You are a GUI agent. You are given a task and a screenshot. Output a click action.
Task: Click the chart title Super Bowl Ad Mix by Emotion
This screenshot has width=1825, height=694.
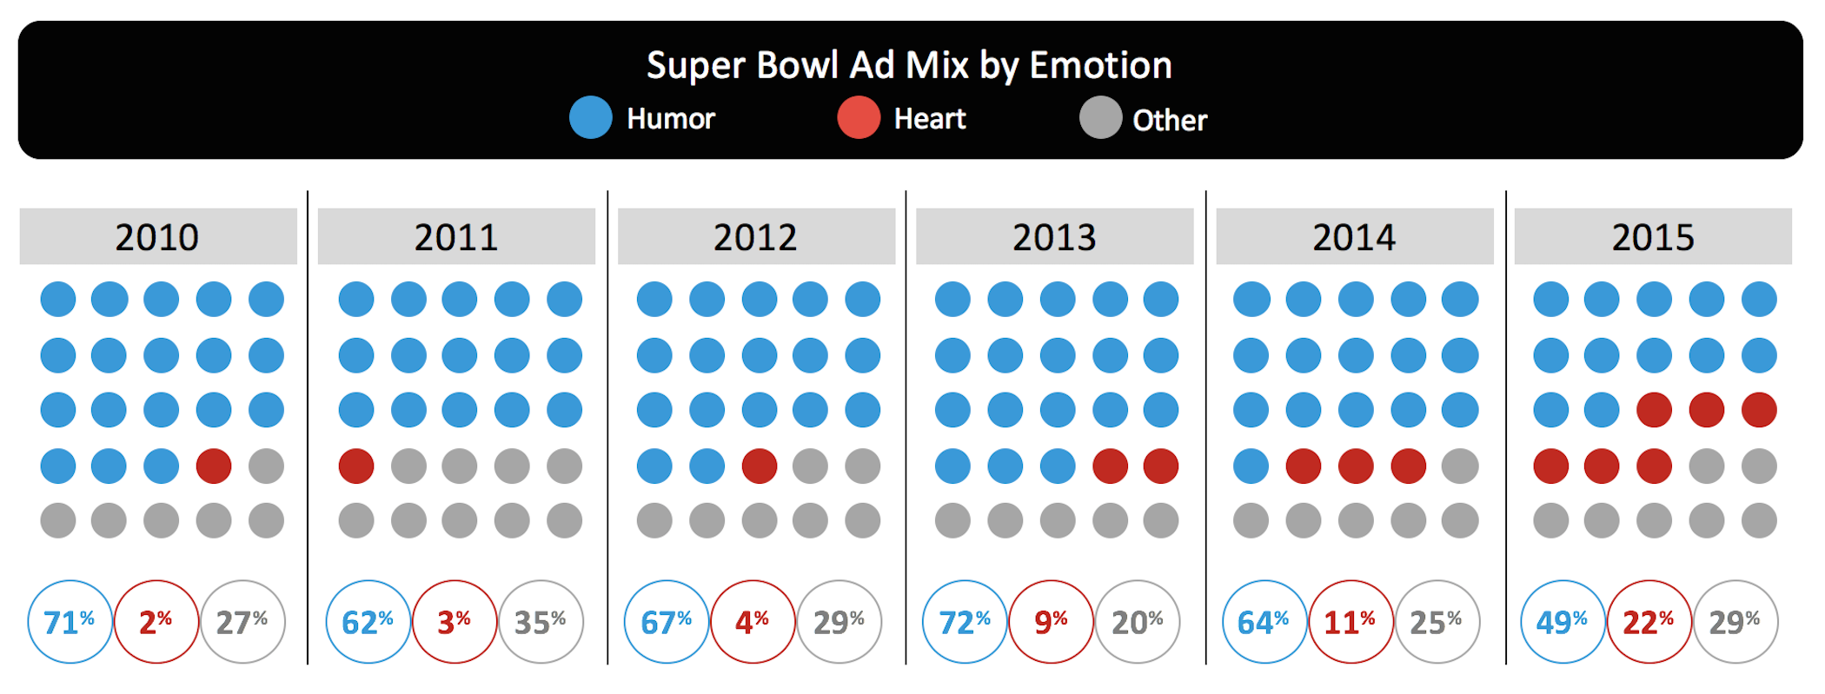click(x=909, y=65)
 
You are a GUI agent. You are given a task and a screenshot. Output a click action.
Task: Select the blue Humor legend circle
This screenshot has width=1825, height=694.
click(x=591, y=117)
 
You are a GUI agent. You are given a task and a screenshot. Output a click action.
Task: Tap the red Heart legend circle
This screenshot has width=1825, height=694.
click(x=859, y=117)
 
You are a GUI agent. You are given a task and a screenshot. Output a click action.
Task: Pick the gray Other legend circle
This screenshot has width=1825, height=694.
click(x=1100, y=117)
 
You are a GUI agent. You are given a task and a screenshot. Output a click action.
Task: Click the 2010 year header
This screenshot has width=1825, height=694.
click(x=157, y=236)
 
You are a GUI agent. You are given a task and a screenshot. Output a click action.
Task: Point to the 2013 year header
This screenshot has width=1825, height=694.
click(x=1054, y=236)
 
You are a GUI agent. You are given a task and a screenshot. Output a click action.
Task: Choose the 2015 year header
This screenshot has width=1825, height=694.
click(x=1653, y=236)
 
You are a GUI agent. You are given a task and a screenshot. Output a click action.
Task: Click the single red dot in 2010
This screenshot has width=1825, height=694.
click(x=214, y=466)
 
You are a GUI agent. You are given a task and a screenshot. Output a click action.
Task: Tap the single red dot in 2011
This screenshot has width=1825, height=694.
click(x=356, y=466)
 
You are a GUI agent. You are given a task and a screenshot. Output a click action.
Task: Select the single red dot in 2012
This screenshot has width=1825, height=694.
click(x=759, y=466)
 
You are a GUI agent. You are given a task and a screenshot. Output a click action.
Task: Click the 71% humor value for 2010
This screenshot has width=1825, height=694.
click(x=70, y=622)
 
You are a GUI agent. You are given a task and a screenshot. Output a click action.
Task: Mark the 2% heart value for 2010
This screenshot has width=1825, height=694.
click(x=156, y=622)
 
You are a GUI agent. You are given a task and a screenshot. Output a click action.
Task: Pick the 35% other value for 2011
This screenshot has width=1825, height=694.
click(x=541, y=622)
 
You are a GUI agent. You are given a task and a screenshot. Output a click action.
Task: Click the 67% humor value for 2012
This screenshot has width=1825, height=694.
click(x=667, y=622)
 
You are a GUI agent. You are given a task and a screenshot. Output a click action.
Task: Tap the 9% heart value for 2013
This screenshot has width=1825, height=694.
click(x=1051, y=622)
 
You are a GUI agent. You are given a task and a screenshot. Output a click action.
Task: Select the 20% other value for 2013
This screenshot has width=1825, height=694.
click(x=1138, y=622)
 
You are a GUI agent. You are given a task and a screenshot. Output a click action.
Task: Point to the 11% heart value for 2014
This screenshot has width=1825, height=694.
click(x=1350, y=622)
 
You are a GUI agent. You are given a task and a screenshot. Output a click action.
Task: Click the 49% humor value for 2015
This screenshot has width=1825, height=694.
click(x=1563, y=622)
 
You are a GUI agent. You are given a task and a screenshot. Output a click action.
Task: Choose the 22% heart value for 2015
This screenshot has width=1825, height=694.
click(x=1649, y=622)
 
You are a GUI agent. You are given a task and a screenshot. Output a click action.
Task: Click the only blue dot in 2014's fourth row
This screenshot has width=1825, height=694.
click(x=1251, y=466)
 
